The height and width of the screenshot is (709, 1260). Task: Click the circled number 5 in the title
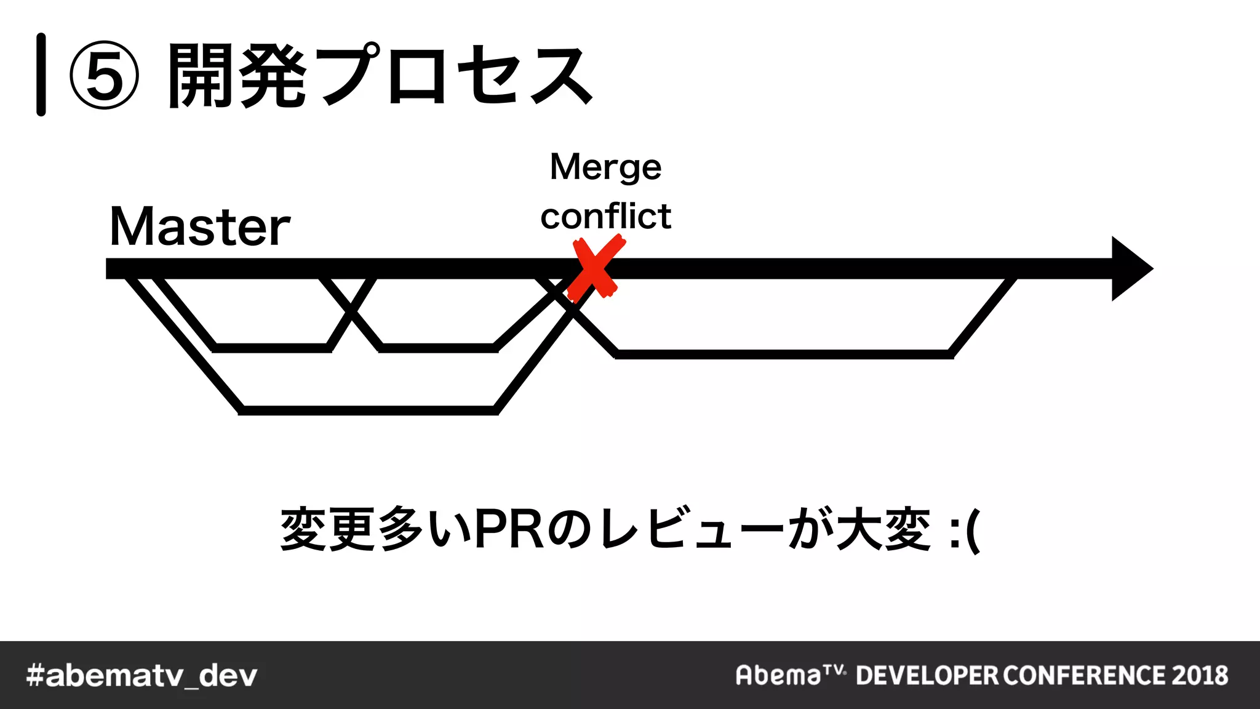(x=105, y=75)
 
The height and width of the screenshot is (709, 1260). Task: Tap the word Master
(x=199, y=226)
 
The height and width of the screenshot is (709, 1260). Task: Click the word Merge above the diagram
(x=605, y=167)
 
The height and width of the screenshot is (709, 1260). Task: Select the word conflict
(x=605, y=216)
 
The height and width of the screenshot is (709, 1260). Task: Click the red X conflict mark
(x=595, y=269)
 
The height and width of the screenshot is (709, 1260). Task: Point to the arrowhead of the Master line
(x=1131, y=268)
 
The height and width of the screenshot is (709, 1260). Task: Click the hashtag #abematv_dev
(x=142, y=675)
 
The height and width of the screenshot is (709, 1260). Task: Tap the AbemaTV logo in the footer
(x=790, y=675)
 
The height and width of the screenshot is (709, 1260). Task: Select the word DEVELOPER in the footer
(x=927, y=675)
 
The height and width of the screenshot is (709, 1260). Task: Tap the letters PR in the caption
(x=509, y=529)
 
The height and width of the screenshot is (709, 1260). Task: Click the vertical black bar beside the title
(x=41, y=74)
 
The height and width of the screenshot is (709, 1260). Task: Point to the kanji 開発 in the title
(x=237, y=76)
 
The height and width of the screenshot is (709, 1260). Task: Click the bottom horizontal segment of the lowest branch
(x=368, y=410)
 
